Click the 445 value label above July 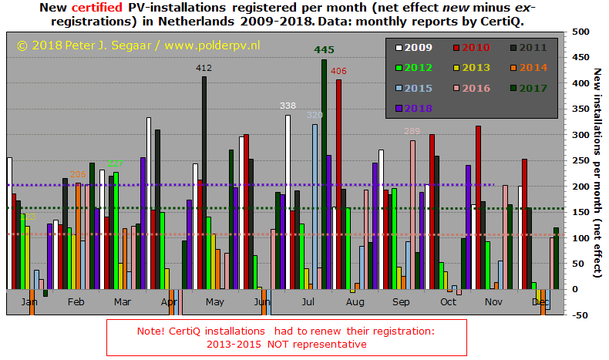[324, 50]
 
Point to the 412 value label [204, 69]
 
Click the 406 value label [338, 71]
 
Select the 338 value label [288, 106]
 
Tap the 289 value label [412, 131]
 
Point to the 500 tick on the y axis [579, 32]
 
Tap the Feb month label [76, 302]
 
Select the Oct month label [448, 302]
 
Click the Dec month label [540, 302]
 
